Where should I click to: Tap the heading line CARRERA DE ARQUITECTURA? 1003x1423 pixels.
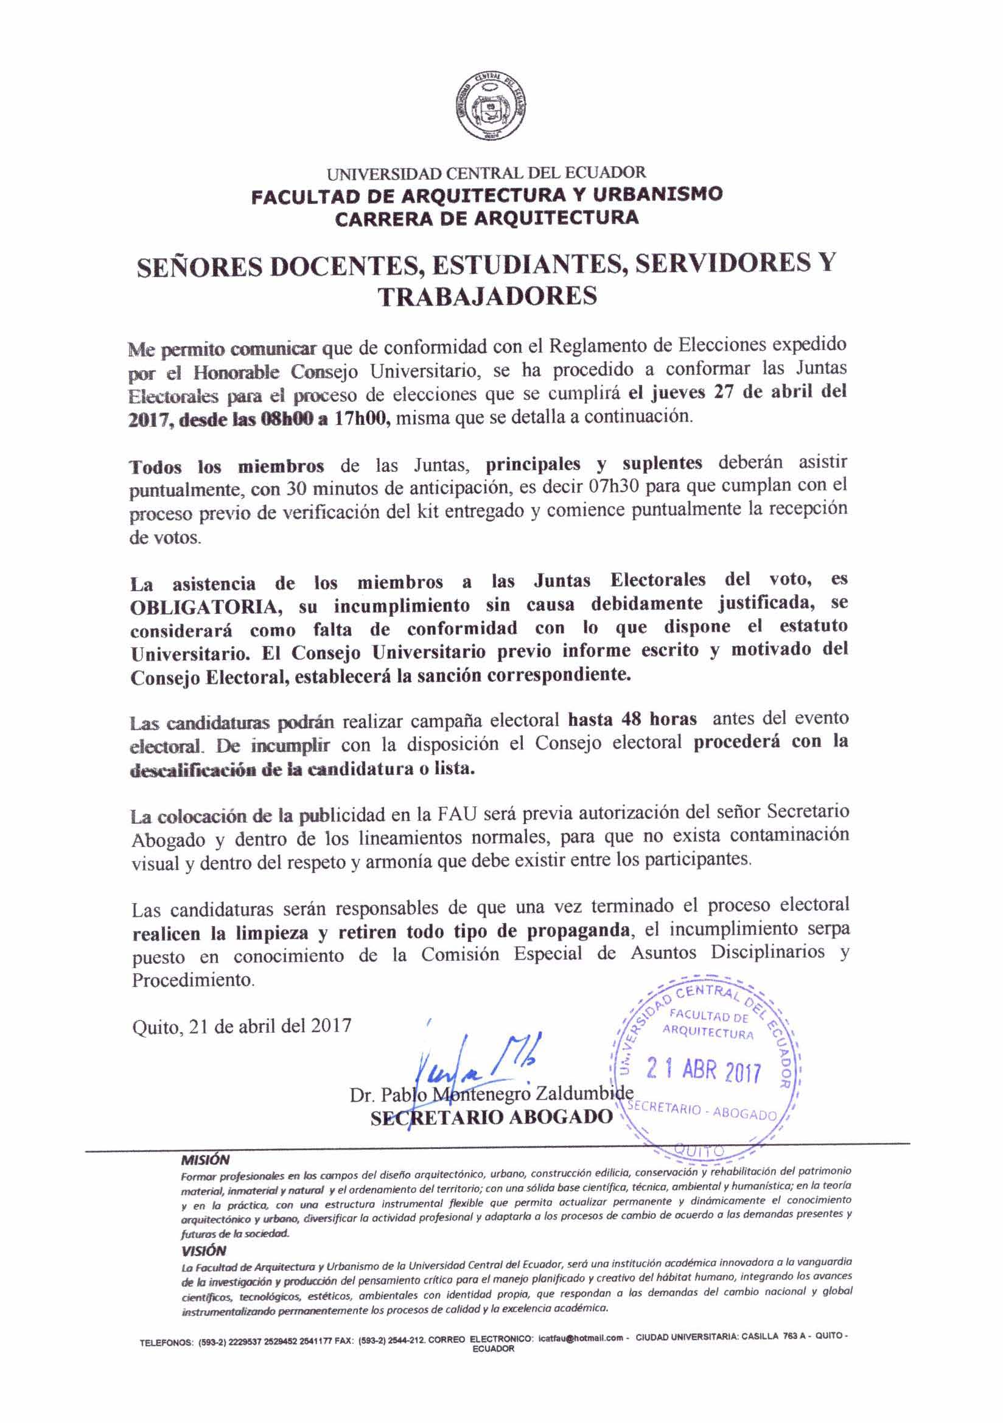[486, 217]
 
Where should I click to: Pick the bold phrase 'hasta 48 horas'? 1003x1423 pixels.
[632, 720]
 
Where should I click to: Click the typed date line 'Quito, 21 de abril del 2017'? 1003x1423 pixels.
[242, 1025]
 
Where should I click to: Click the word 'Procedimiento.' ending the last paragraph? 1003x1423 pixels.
[194, 980]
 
